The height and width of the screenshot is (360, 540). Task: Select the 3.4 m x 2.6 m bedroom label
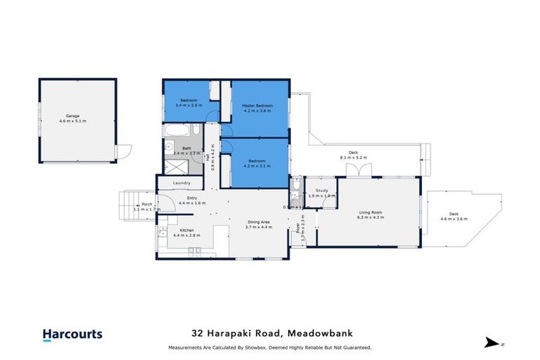(x=188, y=103)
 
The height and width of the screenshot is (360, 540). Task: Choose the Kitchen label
(x=186, y=233)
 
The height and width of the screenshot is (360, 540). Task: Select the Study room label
(x=321, y=193)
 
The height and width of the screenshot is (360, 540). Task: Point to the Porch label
(x=146, y=206)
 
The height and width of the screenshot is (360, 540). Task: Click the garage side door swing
(x=124, y=151)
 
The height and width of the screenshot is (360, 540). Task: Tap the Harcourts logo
(x=72, y=335)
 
